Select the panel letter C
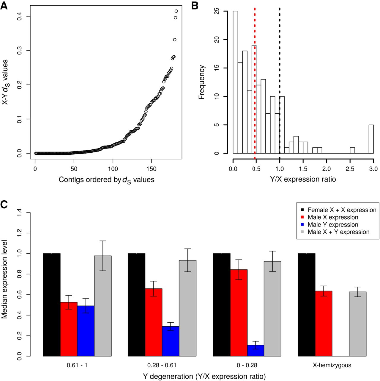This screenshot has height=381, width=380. click(x=4, y=205)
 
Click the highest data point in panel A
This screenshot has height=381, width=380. click(x=176, y=11)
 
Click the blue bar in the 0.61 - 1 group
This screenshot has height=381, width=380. click(x=86, y=331)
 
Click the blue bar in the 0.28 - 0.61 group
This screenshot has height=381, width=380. click(x=171, y=341)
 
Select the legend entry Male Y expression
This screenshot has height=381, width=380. click(x=333, y=225)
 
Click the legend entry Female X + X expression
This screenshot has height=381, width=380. click(x=342, y=210)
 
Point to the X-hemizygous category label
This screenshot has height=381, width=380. click(x=332, y=365)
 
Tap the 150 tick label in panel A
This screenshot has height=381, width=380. click(x=152, y=169)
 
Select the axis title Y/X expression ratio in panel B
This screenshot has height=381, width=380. click(x=303, y=179)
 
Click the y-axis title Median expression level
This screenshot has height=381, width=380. click(x=4, y=279)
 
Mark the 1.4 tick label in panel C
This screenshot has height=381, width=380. click(x=20, y=213)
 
